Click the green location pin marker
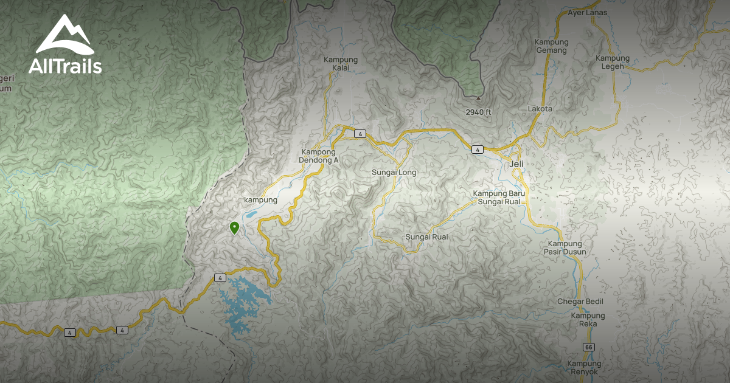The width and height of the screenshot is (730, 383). tap(234, 227)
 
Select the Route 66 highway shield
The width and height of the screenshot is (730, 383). tap(588, 347)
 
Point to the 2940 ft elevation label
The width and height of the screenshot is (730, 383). tap(478, 112)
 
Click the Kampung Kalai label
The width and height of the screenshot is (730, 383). tap(341, 64)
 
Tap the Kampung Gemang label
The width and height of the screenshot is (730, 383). tap(551, 46)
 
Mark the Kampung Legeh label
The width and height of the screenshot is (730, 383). tap(613, 62)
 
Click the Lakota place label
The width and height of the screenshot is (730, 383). tap(540, 109)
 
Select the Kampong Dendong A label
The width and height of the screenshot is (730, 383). tap(318, 156)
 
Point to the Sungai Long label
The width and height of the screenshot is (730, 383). tap(394, 173)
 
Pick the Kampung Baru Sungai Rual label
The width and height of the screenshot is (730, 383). tap(499, 198)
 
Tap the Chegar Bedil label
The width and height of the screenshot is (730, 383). tap(580, 302)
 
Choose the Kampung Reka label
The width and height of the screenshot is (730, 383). tap(588, 320)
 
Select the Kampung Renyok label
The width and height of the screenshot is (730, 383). tap(585, 367)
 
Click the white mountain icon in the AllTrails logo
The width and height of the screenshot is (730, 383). tap(64, 36)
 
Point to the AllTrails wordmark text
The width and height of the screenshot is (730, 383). tap(65, 66)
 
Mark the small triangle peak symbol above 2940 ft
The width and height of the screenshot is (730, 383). tap(478, 97)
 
